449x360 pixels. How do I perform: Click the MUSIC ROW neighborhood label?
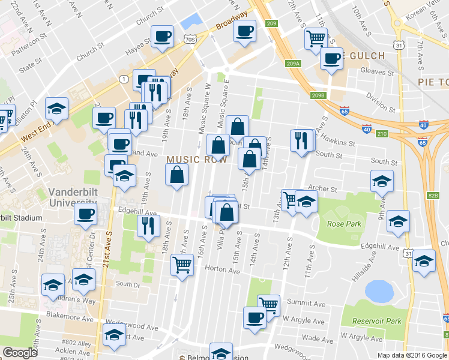tap(197, 159)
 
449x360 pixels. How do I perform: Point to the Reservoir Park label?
tap(376, 321)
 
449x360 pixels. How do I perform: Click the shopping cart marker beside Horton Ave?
tap(182, 264)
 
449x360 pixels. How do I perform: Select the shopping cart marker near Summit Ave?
tap(268, 304)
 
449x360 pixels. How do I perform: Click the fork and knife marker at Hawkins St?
tap(301, 140)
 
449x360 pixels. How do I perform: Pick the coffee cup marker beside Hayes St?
tap(162, 36)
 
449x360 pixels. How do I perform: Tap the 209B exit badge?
tap(318, 95)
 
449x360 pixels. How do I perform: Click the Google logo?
tap(20, 353)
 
